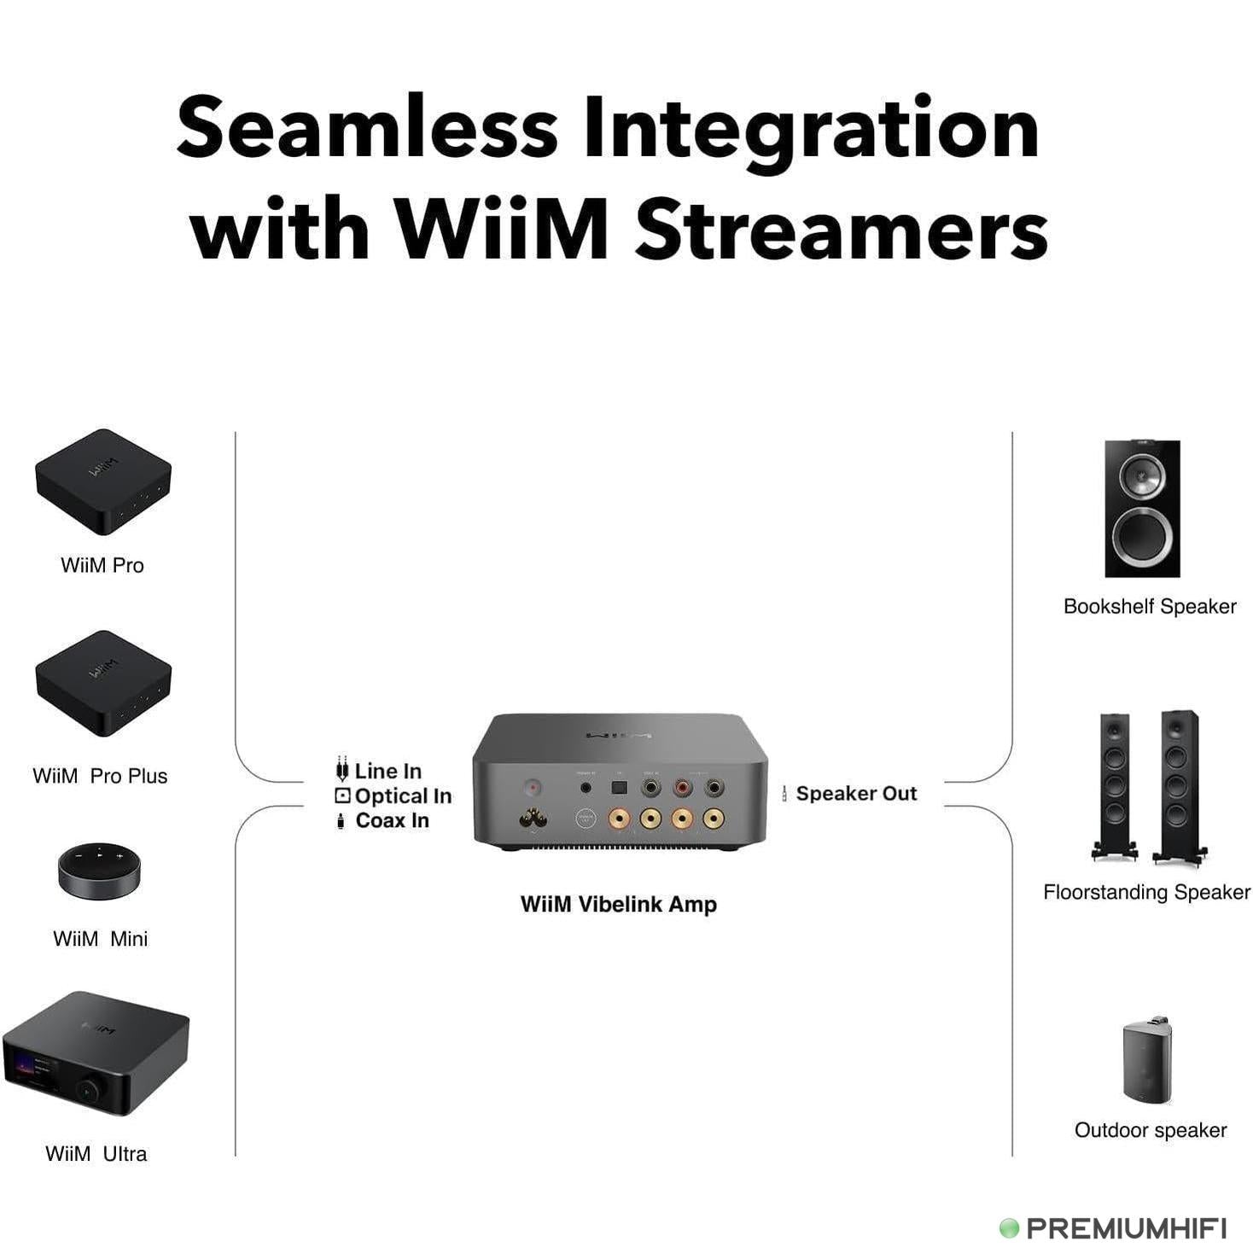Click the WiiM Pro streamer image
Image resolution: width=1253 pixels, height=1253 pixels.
pyautogui.click(x=102, y=481)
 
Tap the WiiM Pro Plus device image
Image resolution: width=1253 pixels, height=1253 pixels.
pyautogui.click(x=102, y=683)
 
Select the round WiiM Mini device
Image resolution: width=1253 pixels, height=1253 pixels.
pyautogui.click(x=99, y=871)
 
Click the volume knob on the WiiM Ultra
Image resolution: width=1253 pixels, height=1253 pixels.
pyautogui.click(x=87, y=1090)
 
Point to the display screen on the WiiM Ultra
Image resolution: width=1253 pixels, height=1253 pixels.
pyautogui.click(x=32, y=1072)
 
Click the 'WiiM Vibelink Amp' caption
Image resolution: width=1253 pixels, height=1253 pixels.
pyautogui.click(x=618, y=905)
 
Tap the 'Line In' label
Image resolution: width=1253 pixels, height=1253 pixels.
pyautogui.click(x=388, y=771)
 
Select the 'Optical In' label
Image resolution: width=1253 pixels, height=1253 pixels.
pyautogui.click(x=402, y=796)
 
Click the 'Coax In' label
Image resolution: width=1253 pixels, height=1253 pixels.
pyautogui.click(x=392, y=820)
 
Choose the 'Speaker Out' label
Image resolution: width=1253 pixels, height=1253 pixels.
pyautogui.click(x=855, y=793)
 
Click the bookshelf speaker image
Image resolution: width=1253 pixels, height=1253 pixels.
pyautogui.click(x=1142, y=509)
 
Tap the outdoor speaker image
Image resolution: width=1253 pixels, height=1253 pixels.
pyautogui.click(x=1146, y=1060)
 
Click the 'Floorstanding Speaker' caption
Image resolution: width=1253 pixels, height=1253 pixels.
pyautogui.click(x=1145, y=892)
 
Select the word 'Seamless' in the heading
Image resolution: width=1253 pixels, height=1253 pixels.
pyautogui.click(x=367, y=128)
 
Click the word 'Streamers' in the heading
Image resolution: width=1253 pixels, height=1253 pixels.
pyautogui.click(x=841, y=230)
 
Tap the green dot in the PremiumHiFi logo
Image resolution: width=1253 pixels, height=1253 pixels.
pyautogui.click(x=1009, y=1228)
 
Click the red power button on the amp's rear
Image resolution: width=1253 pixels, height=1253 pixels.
pyautogui.click(x=533, y=786)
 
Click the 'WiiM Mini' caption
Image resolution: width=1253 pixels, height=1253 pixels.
pyautogui.click(x=100, y=939)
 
